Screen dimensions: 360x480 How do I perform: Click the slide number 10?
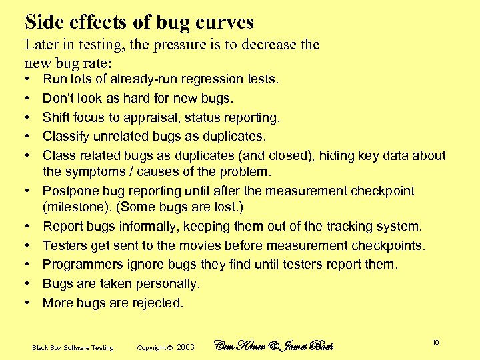tap(435, 343)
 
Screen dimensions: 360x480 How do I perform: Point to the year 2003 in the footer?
tap(186, 347)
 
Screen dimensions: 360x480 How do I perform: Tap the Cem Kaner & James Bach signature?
tap(273, 345)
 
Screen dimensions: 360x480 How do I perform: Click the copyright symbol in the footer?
tap(170, 347)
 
